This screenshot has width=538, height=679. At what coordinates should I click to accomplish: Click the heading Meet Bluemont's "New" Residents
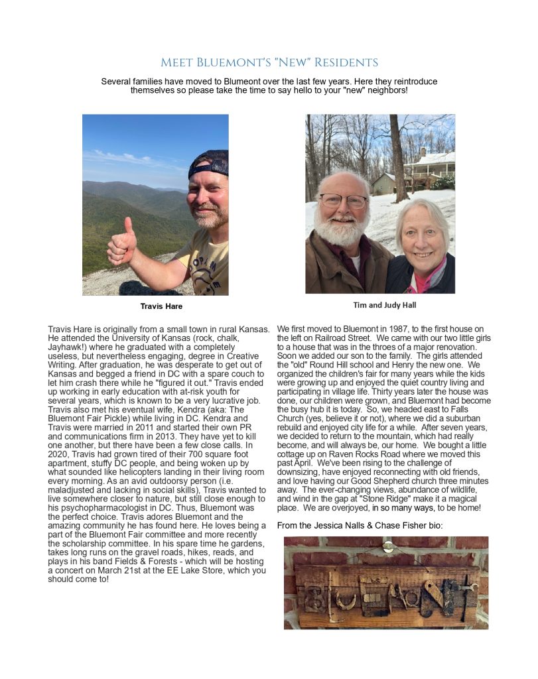click(x=269, y=63)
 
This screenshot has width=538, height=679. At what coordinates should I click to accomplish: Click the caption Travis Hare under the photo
click(x=161, y=306)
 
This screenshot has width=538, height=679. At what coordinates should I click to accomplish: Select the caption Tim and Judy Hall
click(x=380, y=305)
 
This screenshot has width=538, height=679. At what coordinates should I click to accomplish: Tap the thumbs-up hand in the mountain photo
click(x=122, y=244)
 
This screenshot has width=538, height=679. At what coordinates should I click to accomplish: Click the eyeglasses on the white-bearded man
click(x=343, y=200)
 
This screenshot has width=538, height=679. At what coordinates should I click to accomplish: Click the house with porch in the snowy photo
click(x=429, y=169)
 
